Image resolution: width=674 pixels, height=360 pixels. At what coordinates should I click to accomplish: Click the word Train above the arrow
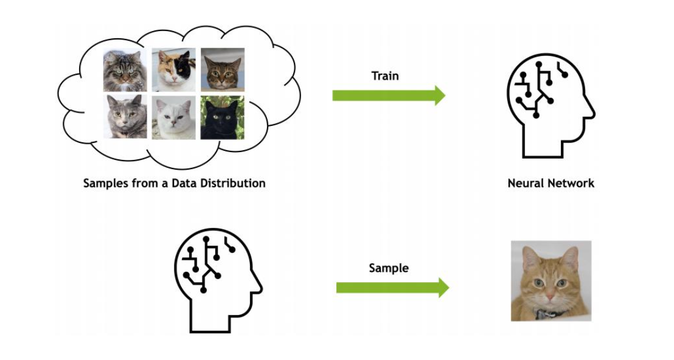[x=385, y=76]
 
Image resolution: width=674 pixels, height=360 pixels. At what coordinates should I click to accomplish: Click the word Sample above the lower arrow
[x=388, y=268]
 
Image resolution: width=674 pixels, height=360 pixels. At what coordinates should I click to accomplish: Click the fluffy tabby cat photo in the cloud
[x=125, y=70]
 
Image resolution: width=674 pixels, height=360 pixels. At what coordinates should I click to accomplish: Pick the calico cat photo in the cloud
[x=173, y=70]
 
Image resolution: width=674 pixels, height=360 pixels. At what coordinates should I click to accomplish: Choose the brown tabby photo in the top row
[x=223, y=69]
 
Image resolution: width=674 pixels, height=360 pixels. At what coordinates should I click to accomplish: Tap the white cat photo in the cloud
[x=173, y=117]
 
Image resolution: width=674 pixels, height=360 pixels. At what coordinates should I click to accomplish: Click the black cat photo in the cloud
[x=223, y=117]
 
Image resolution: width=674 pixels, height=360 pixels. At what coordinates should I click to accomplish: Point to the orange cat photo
[x=551, y=280]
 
